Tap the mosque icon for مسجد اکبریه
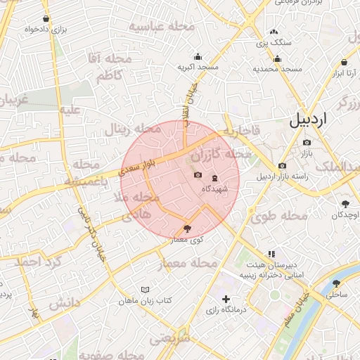(x=198, y=56)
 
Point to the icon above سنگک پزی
(x=274, y=32)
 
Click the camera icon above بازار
(x=307, y=142)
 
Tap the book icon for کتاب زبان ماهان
(x=146, y=290)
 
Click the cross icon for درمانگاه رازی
(x=225, y=300)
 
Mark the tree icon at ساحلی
(x=337, y=284)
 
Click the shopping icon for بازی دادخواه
(x=46, y=18)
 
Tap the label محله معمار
(x=191, y=263)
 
